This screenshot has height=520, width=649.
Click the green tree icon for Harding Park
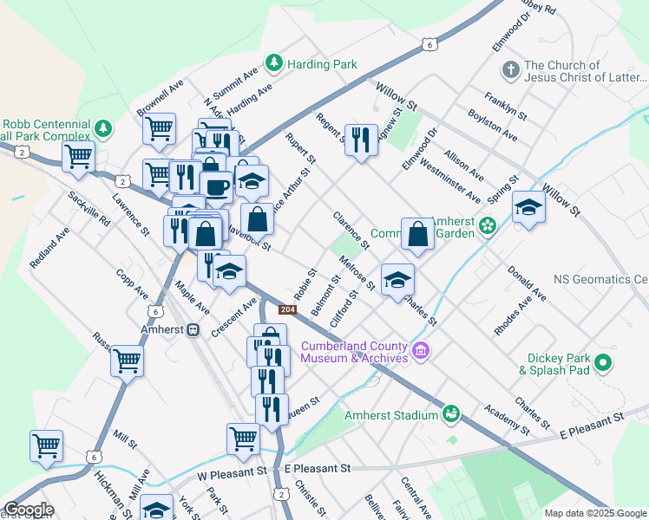pyautogui.click(x=274, y=63)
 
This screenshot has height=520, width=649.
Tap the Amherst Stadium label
pyautogui.click(x=391, y=415)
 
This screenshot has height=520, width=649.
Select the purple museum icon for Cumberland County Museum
pyautogui.click(x=421, y=351)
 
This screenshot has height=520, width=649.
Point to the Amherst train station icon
pyautogui.click(x=193, y=330)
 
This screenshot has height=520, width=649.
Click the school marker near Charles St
pyautogui.click(x=397, y=280)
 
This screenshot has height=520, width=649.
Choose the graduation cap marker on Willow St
pyautogui.click(x=528, y=208)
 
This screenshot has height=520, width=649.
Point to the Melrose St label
pyautogui.click(x=357, y=272)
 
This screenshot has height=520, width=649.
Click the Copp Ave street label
pyautogui.click(x=131, y=283)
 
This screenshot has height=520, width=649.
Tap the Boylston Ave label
pyautogui.click(x=494, y=126)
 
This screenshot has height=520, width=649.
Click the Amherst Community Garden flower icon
pyautogui.click(x=487, y=226)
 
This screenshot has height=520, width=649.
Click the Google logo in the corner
pyautogui.click(x=29, y=510)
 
